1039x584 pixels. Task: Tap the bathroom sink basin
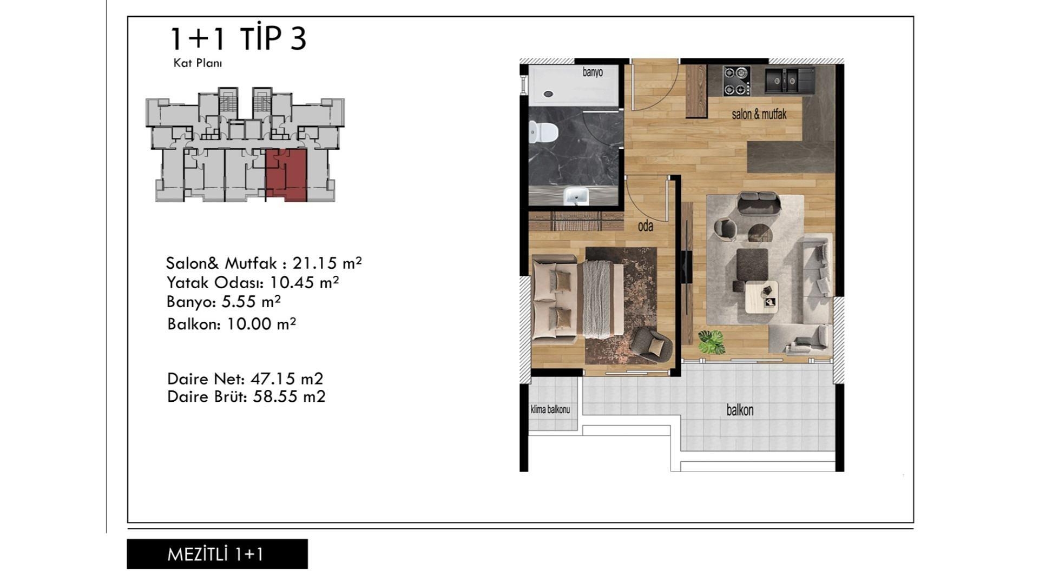576,196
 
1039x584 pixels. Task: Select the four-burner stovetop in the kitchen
736,81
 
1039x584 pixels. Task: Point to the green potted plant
711,342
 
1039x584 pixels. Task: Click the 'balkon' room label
740,410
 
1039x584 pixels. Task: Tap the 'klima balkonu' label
550,409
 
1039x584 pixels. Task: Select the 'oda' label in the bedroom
645,226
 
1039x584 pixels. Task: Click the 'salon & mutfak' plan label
759,114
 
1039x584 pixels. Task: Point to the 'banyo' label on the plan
593,72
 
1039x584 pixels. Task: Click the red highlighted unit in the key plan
286,175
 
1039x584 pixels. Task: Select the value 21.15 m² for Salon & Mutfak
327,263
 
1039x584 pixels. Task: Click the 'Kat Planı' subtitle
198,63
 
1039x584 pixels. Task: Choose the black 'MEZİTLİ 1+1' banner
217,554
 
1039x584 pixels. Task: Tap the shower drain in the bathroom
548,94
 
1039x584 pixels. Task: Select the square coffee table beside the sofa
761,297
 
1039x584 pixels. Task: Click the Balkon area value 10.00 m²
261,324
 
